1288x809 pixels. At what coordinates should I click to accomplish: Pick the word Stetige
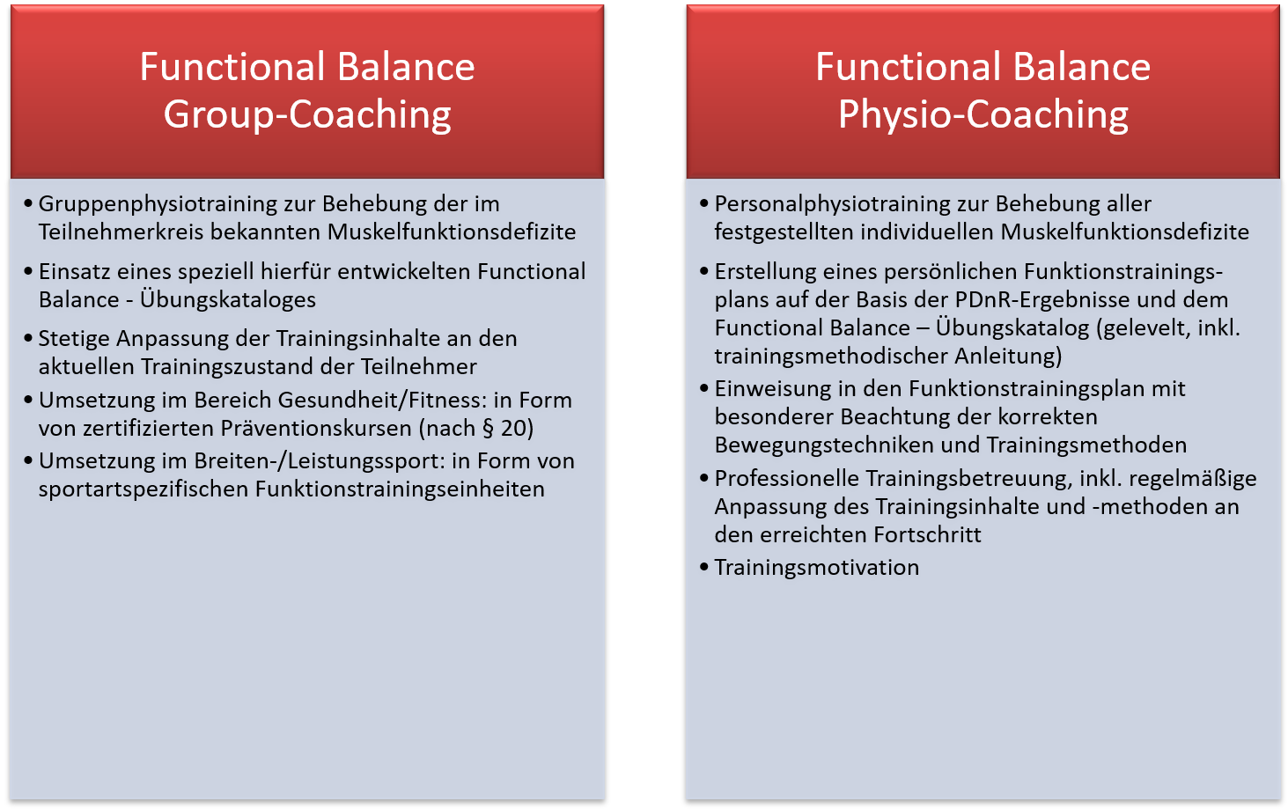point(74,339)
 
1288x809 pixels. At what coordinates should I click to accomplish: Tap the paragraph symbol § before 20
point(489,429)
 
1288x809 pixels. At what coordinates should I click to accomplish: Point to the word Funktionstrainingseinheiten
point(400,489)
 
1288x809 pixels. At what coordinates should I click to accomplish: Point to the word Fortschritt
point(927,534)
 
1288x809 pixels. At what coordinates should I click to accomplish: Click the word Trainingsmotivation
point(816,568)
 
